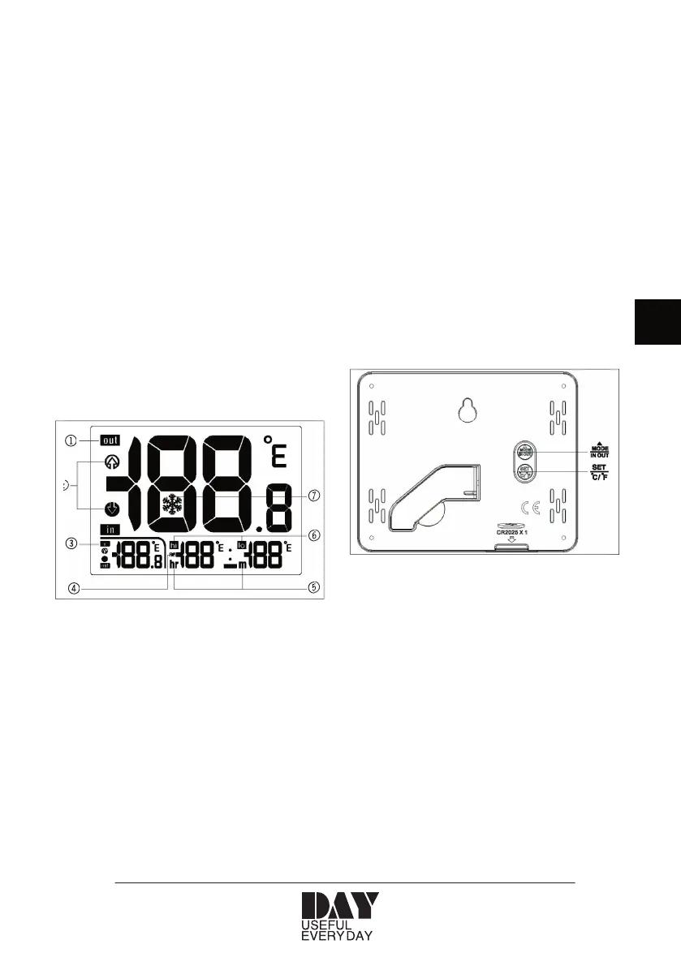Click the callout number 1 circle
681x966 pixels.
pos(71,441)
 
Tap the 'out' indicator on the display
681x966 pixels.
pos(110,440)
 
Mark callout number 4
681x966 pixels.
pos(74,589)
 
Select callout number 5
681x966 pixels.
pos(312,588)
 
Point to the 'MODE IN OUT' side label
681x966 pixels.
pos(601,452)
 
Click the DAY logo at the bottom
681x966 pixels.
pos(341,906)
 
